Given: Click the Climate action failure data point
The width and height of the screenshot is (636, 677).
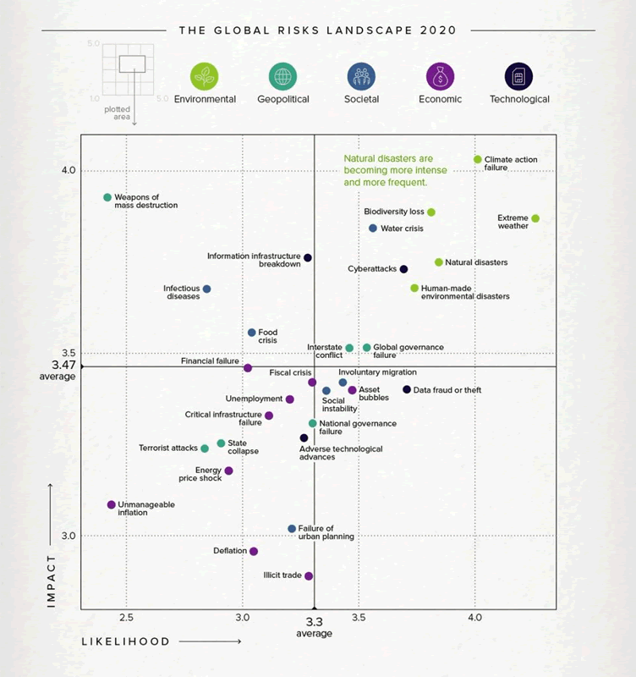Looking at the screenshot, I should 478,159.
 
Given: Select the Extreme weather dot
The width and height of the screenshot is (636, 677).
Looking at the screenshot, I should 535,218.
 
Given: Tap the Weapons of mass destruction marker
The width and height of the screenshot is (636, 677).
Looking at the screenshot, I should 107,197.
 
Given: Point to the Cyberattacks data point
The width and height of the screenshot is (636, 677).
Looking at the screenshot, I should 403,269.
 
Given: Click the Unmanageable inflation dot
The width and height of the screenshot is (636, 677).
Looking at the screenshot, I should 111,504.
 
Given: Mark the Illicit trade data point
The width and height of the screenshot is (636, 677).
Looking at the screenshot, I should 309,575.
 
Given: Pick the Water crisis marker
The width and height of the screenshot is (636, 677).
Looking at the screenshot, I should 373,228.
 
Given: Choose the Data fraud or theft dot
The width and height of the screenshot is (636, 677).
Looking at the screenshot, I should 407,389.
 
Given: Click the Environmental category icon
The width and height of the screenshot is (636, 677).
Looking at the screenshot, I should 205,76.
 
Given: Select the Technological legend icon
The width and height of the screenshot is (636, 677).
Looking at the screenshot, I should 518,76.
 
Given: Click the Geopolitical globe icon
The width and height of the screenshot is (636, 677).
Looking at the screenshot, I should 282,76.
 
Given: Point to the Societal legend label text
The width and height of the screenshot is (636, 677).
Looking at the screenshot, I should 361,99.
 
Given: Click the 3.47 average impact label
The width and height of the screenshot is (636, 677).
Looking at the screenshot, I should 58,366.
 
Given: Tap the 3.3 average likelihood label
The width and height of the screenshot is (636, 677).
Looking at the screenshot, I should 314,621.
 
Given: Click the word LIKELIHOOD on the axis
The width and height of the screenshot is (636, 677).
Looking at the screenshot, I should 125,641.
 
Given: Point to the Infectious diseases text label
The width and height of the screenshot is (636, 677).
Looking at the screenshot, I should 182,292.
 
